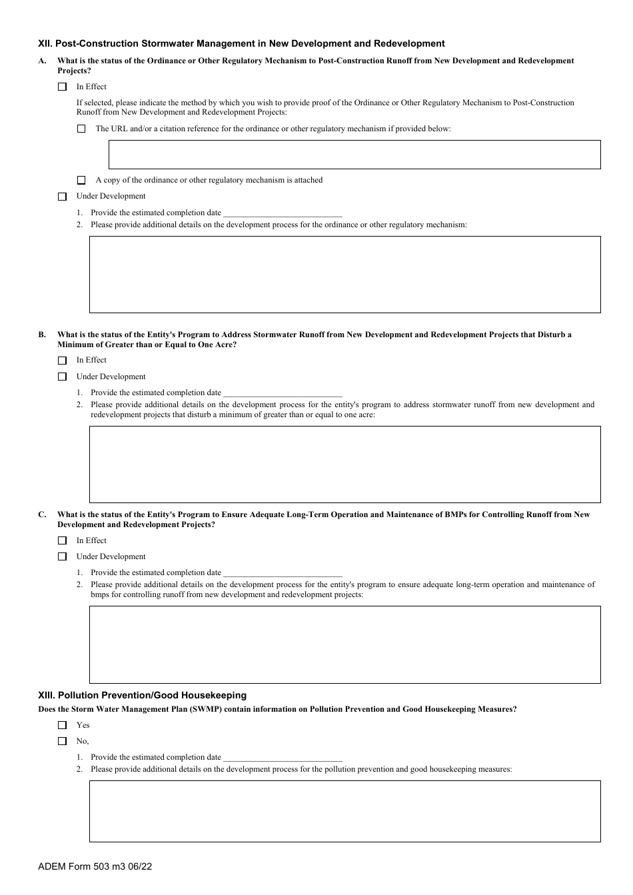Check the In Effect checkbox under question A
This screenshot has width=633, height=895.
click(x=63, y=87)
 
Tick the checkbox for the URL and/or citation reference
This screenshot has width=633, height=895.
click(x=81, y=129)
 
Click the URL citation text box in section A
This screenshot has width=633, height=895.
click(x=354, y=155)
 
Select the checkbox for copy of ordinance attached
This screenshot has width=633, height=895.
click(x=81, y=180)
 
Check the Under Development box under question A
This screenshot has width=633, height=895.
click(x=63, y=197)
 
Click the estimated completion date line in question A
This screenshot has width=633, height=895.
click(x=283, y=213)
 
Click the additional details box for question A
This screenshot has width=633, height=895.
click(x=344, y=275)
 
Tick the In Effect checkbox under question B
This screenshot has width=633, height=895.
click(x=63, y=361)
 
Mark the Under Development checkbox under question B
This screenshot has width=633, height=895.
click(x=63, y=377)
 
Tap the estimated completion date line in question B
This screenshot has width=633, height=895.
click(x=283, y=393)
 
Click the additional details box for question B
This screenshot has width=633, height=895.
click(x=344, y=464)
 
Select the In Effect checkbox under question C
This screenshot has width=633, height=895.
click(x=63, y=540)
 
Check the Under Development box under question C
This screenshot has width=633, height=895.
click(x=63, y=556)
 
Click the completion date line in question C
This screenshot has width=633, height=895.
click(x=283, y=573)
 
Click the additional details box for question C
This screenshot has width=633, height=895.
click(x=344, y=644)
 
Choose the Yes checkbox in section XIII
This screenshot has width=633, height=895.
click(x=63, y=725)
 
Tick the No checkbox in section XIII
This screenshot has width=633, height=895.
click(x=63, y=741)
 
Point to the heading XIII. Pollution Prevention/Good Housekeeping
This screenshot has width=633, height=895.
click(x=143, y=695)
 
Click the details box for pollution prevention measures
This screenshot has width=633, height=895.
click(x=344, y=811)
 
